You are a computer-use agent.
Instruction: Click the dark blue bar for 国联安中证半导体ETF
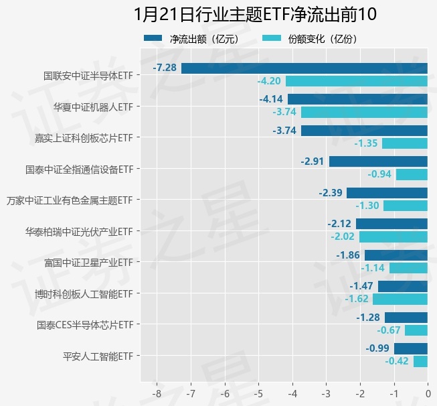click(304, 68)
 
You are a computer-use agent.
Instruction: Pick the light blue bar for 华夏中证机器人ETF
click(364, 112)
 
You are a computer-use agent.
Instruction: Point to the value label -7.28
click(165, 68)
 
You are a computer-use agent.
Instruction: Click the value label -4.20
click(269, 81)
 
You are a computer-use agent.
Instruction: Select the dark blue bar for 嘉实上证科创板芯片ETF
click(364, 131)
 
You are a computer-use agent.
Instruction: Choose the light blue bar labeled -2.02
click(394, 236)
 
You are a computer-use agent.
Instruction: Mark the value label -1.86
click(348, 255)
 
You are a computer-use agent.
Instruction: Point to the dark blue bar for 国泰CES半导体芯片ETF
click(406, 317)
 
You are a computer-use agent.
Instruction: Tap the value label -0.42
click(397, 361)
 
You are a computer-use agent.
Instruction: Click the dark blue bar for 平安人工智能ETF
click(411, 348)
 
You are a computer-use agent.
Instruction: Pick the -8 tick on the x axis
click(157, 393)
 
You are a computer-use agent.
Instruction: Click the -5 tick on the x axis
click(259, 393)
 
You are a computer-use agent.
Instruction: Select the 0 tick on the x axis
click(428, 393)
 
